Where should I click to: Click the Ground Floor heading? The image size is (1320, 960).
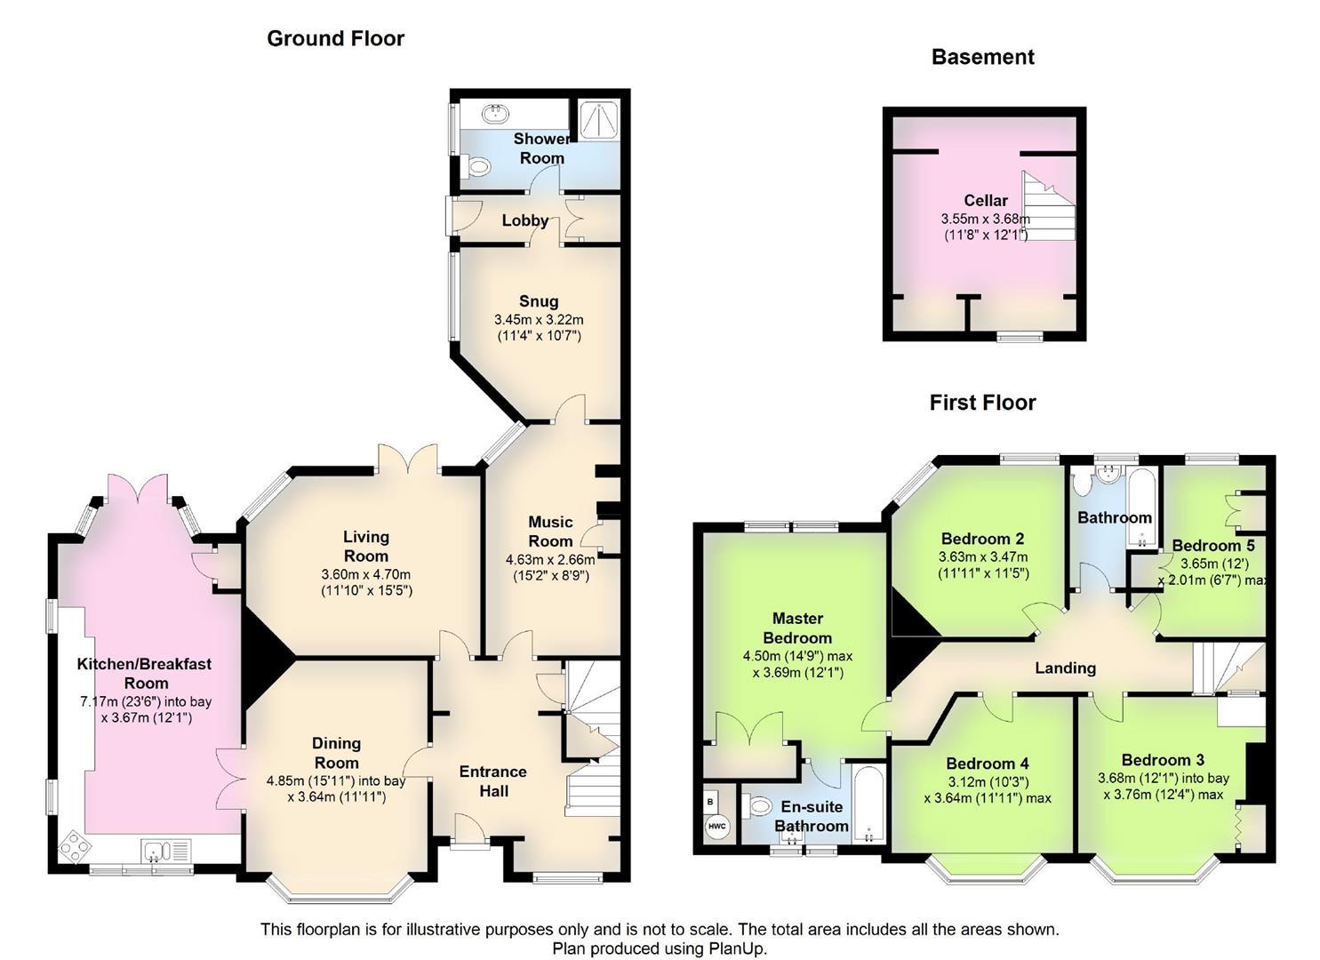tap(335, 38)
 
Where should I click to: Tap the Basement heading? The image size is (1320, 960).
tap(982, 57)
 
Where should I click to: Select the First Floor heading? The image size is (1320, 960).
tap(982, 403)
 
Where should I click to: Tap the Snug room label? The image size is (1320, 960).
tap(539, 301)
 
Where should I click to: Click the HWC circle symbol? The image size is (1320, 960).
tap(716, 827)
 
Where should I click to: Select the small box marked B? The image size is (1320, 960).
tap(710, 801)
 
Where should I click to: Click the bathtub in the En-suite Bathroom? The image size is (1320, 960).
tap(866, 805)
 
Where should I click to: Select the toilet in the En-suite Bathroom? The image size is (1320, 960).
tap(758, 806)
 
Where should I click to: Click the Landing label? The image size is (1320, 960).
tap(1065, 668)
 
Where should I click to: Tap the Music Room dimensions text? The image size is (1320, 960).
tap(550, 567)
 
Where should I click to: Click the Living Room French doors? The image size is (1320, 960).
tap(409, 459)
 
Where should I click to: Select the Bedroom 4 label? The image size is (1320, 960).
tap(987, 764)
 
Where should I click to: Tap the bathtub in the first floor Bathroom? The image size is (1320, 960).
tap(1138, 507)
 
